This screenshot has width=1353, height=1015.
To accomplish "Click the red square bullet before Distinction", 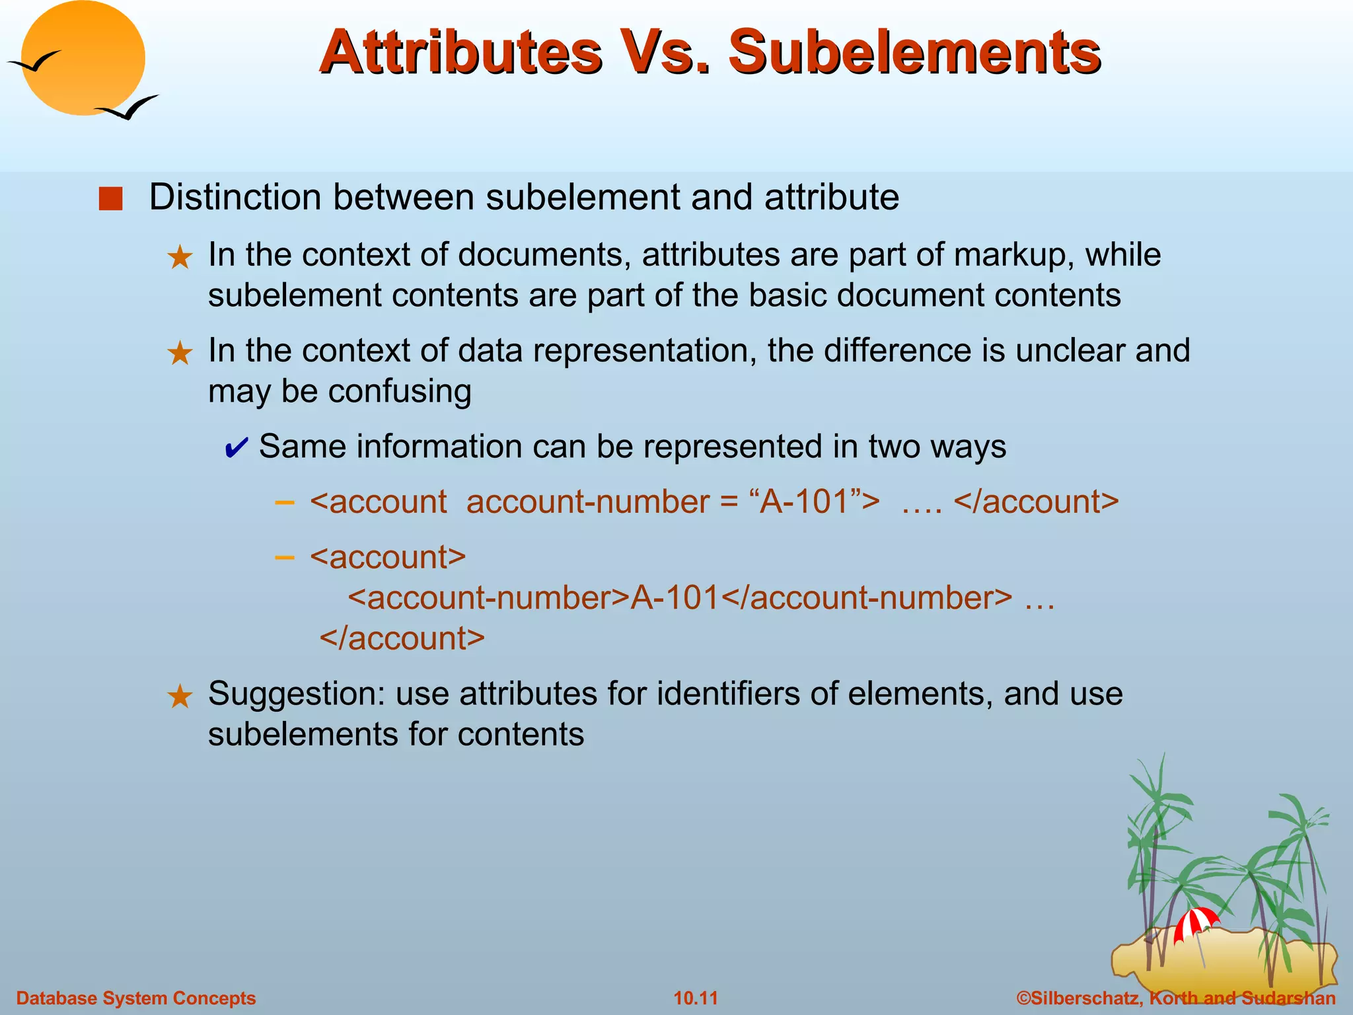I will [110, 199].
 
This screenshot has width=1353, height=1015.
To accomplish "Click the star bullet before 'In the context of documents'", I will [180, 257].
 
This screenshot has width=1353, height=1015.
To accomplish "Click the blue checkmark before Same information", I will [236, 448].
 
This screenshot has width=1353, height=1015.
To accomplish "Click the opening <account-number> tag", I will [489, 598].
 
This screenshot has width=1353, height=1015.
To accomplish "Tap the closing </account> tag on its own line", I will [402, 639].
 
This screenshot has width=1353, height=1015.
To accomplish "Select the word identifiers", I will [727, 694].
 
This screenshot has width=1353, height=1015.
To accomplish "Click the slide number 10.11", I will [695, 998].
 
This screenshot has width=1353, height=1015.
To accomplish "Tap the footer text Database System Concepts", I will [136, 998].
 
